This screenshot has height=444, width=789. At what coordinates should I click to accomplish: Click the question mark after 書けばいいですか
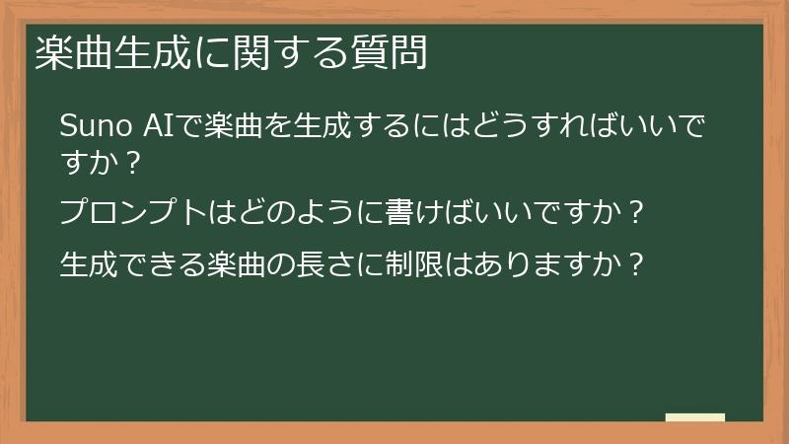(636, 211)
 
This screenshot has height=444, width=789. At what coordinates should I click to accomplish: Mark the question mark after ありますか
(638, 263)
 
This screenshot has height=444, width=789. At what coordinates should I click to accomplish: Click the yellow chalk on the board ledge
(694, 417)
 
